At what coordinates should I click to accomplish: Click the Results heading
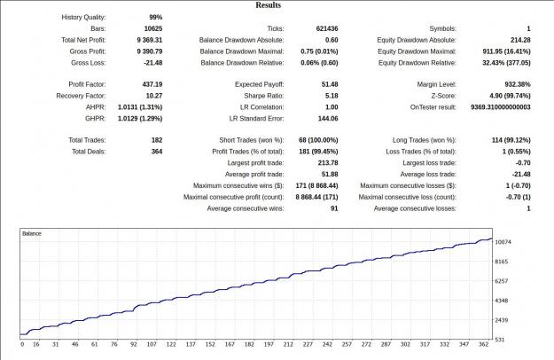[269, 5]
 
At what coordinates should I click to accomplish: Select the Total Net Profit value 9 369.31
[150, 40]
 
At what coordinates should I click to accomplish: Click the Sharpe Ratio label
[263, 96]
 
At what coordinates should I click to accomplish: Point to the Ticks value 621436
[327, 29]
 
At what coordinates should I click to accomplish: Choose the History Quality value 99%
[155, 18]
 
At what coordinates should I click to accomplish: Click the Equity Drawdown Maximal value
[506, 51]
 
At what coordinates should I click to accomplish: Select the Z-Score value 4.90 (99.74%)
[510, 96]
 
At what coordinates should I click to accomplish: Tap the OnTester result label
[433, 107]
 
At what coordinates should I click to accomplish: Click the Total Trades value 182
[157, 140]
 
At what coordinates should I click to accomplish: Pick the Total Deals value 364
[157, 152]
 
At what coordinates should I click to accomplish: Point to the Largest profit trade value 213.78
[328, 163]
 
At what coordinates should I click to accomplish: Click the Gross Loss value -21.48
[153, 63]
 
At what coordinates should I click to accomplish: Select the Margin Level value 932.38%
[518, 84]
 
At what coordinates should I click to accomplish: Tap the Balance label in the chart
[32, 233]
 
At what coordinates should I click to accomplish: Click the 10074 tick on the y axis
[503, 242]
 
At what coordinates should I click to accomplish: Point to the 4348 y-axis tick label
[502, 301]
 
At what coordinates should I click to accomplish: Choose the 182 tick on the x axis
[249, 344]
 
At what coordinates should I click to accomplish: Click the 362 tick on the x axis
[484, 344]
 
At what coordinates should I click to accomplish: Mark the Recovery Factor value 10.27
[154, 96]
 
